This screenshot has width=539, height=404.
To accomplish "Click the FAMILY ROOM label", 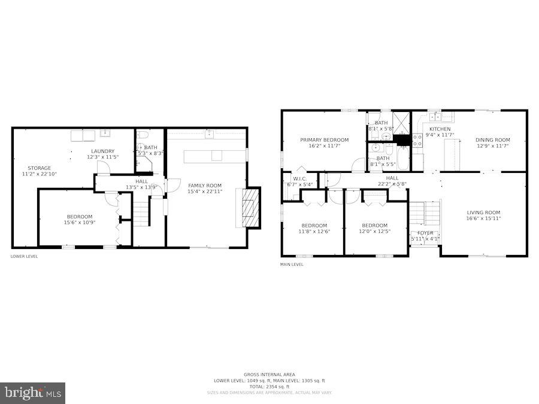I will coord(205,186).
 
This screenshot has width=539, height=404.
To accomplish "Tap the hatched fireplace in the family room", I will coord(251,208).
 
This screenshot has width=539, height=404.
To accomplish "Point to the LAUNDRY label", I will coord(103,151).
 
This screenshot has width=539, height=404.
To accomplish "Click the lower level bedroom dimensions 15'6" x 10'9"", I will coord(79,223).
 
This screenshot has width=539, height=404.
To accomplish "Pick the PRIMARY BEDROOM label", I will coord(324,140).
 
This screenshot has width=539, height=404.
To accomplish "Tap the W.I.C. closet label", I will coord(299,178).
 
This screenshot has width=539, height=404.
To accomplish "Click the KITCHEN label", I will coord(440,129).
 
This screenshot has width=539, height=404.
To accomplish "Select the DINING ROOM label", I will coord(493,140).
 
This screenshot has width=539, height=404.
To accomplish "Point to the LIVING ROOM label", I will coord(483,212).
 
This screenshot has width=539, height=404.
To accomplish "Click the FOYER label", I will coord(425,233).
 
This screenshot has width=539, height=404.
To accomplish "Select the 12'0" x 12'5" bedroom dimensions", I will coord(374,232).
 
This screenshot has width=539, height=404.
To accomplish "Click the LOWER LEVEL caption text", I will coord(24,256).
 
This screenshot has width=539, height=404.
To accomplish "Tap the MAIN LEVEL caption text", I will coord(292,264).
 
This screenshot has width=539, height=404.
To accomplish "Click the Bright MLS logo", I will coord(33,393).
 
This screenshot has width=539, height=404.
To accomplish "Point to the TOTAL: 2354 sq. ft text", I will coord(269,387).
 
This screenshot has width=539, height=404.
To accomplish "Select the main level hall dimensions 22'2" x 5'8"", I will coord(392,184).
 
